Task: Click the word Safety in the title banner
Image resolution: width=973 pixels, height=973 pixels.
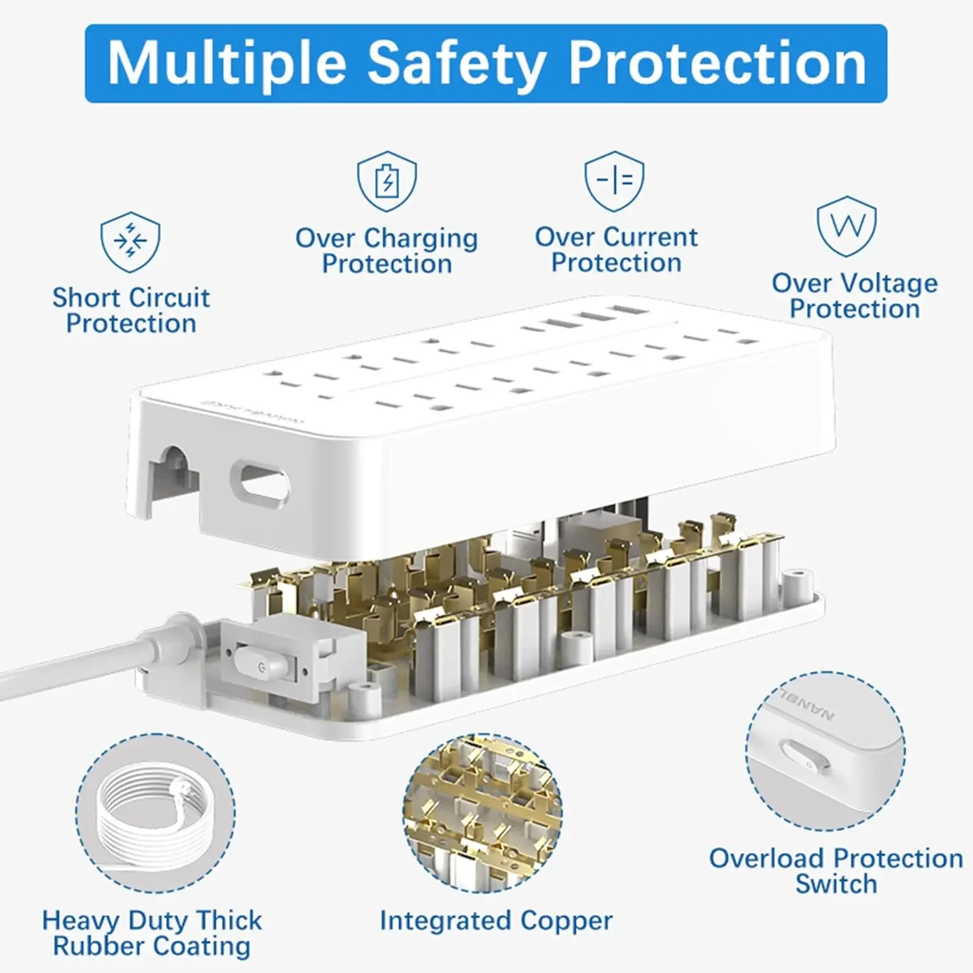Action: pos(456,64)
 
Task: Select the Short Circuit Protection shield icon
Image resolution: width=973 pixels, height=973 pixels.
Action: pos(130,241)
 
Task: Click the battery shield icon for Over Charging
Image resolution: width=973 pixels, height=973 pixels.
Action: pos(387,181)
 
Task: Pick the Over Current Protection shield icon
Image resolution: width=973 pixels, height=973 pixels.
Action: pos(614,181)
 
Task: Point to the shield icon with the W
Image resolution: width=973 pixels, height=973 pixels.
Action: pos(847,226)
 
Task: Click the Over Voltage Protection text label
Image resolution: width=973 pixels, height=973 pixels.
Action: pos(854,296)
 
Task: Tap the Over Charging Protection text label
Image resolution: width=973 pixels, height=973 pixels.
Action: pos(387,251)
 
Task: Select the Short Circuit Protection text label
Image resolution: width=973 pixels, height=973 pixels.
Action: pos(131,311)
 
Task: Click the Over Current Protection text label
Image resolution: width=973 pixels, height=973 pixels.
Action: pos(616,250)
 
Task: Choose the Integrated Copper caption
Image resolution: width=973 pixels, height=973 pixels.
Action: pos(496,920)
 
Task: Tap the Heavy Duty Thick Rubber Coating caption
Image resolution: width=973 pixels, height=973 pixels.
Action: pos(152,933)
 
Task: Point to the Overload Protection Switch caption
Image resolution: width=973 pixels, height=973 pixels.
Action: pos(836,871)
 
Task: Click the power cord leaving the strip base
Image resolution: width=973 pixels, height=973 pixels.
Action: pos(91,659)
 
